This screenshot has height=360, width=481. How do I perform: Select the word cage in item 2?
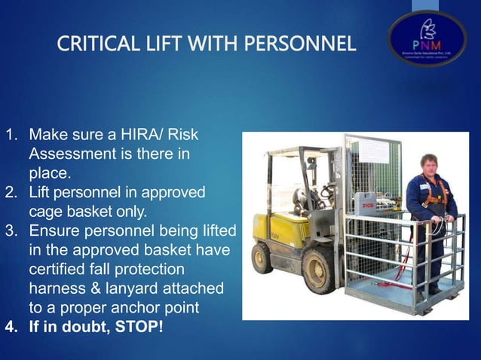(44, 210)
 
